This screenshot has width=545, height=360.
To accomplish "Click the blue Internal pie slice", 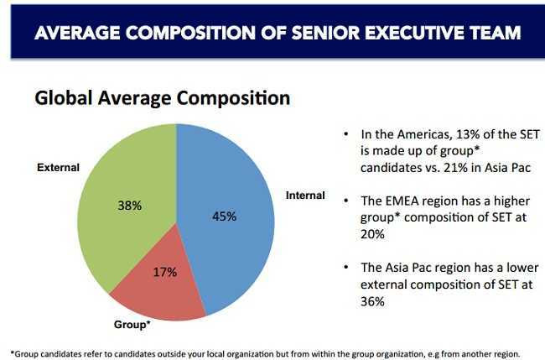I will (x=231, y=243).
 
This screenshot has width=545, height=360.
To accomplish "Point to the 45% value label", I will (x=224, y=216).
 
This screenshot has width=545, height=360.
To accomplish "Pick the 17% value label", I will (x=165, y=272).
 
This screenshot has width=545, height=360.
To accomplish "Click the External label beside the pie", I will (x=59, y=168).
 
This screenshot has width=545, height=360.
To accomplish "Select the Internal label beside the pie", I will (x=305, y=196).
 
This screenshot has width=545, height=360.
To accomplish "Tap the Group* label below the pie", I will (x=132, y=324).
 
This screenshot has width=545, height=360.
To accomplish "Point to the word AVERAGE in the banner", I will (x=74, y=33).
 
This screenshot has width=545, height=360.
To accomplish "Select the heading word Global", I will (x=62, y=98).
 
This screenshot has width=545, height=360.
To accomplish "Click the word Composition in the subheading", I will (x=236, y=98).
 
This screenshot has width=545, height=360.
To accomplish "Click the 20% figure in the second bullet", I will (x=373, y=235).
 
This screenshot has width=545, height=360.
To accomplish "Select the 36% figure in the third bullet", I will (x=373, y=301).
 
